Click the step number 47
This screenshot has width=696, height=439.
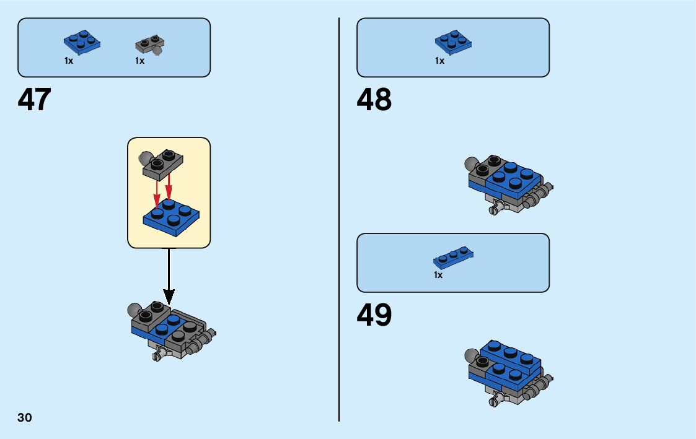tap(35, 100)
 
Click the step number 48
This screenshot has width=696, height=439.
tap(374, 100)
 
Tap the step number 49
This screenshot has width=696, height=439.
tap(374, 315)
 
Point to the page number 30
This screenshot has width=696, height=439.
tap(25, 417)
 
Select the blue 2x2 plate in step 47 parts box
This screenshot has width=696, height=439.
tap(82, 43)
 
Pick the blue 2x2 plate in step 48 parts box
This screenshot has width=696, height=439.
tap(454, 43)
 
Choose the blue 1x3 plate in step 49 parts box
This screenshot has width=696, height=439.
tap(454, 256)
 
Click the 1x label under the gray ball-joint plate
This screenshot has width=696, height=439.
tap(139, 61)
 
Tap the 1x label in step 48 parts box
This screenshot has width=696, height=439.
tap(439, 61)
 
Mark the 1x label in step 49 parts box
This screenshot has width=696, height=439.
tap(438, 275)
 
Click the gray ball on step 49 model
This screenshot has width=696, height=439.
tap(471, 356)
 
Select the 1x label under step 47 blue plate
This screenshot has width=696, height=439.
tap(69, 61)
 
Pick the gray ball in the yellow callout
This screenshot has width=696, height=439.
tap(146, 157)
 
